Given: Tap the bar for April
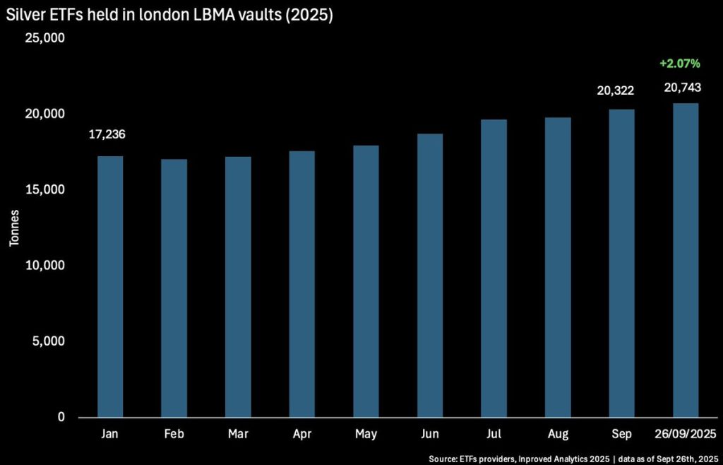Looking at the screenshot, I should (302, 283).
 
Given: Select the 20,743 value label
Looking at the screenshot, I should (682, 87).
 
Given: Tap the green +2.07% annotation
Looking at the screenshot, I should (679, 64).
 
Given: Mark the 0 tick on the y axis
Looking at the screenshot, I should (61, 418).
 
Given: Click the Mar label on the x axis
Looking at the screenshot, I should (238, 434).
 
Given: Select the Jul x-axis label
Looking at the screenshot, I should (494, 434).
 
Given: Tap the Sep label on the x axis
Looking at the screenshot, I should (621, 434).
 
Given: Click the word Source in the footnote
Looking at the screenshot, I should (443, 458).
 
